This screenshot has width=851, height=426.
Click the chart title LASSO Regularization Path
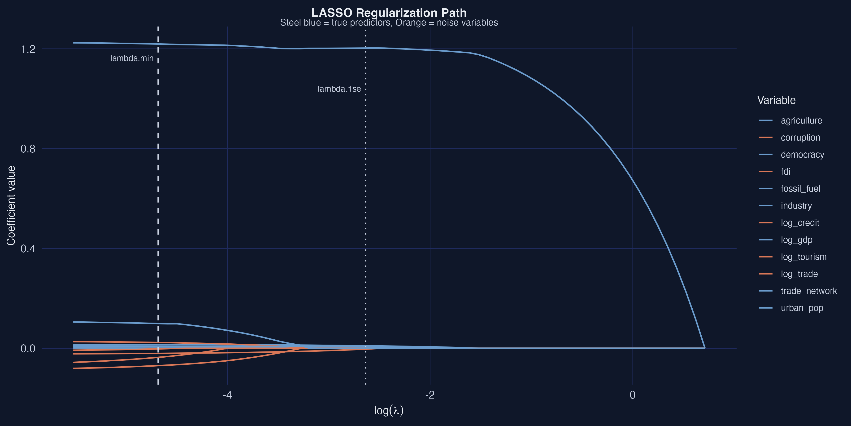pyautogui.click(x=389, y=13)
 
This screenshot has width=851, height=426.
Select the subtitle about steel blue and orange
pyautogui.click(x=389, y=23)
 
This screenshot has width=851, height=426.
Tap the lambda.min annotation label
pyautogui.click(x=132, y=58)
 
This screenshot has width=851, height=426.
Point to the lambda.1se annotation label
pyautogui.click(x=339, y=89)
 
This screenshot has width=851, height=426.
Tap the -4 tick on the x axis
pyautogui.click(x=227, y=395)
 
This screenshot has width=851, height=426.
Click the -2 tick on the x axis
pyautogui.click(x=430, y=395)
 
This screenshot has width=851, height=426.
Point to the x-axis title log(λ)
pyautogui.click(x=389, y=410)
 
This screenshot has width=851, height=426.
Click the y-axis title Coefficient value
pyautogui.click(x=11, y=206)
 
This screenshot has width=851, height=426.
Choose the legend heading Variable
pyautogui.click(x=776, y=100)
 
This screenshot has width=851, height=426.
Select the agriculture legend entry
pyautogui.click(x=801, y=121)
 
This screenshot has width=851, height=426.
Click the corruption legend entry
pyautogui.click(x=800, y=138)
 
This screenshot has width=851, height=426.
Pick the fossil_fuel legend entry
pyautogui.click(x=800, y=189)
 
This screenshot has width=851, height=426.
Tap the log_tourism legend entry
pyautogui.click(x=803, y=257)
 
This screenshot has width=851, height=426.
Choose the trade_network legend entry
pyautogui.click(x=809, y=291)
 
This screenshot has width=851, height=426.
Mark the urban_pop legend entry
pyautogui.click(x=802, y=308)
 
